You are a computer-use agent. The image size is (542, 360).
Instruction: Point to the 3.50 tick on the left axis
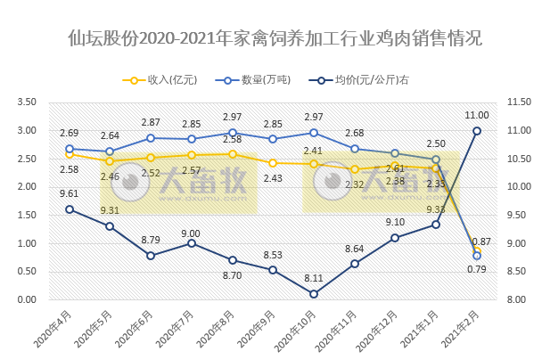tap(27, 102)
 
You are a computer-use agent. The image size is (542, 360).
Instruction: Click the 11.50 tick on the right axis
tap(518, 102)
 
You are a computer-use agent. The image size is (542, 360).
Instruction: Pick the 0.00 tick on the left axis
tap(27, 300)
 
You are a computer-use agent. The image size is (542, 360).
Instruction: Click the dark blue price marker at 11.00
tap(477, 131)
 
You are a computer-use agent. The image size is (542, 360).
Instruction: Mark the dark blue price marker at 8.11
tap(314, 294)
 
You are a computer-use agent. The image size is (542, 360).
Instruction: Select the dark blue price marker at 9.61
tap(70, 209)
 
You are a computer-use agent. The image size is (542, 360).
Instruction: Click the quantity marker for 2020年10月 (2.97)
tap(314, 132)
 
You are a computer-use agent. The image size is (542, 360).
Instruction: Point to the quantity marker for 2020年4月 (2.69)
tap(70, 149)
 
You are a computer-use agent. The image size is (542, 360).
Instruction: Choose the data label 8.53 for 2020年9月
tap(273, 256)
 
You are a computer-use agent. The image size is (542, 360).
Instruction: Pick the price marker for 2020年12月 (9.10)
tap(396, 238)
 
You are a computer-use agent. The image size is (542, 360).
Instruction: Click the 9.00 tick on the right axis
tap(518, 243)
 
